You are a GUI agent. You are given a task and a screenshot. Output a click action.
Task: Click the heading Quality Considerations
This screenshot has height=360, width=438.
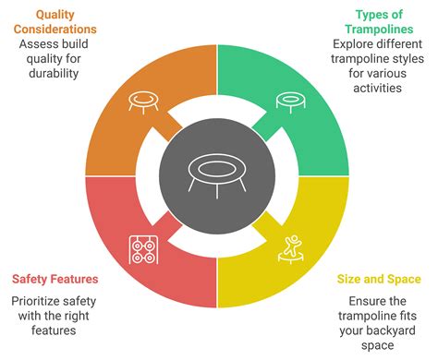pyautogui.click(x=55, y=23)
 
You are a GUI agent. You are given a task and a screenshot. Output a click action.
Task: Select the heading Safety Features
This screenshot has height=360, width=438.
pyautogui.click(x=55, y=279)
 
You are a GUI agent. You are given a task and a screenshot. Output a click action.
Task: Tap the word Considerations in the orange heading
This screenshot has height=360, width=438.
pyautogui.click(x=55, y=30)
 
